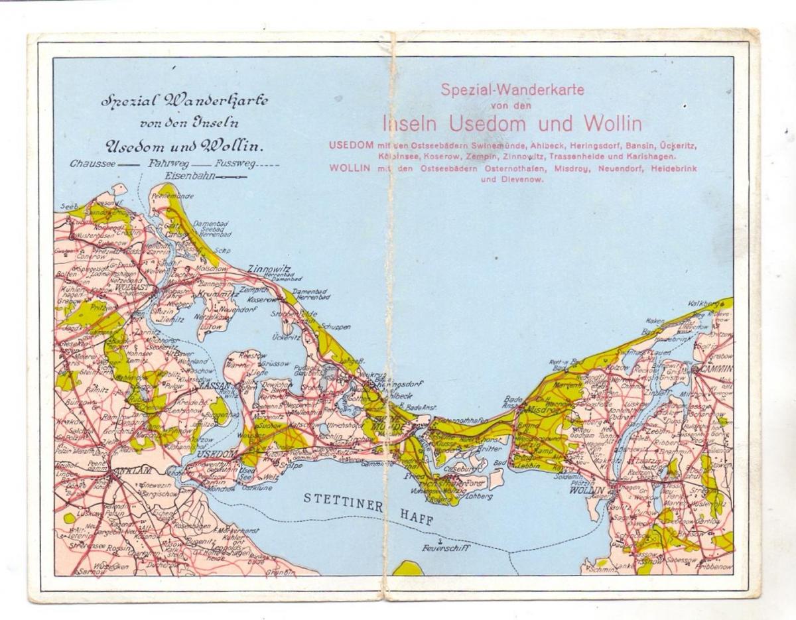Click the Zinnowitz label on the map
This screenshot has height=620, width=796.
pyautogui.click(x=269, y=269)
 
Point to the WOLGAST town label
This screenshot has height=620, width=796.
pyautogui.click(x=134, y=288)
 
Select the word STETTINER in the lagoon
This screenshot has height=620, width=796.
pyautogui.click(x=343, y=500)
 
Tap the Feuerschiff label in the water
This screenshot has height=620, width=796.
pyautogui.click(x=445, y=548)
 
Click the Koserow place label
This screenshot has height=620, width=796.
pyautogui.click(x=261, y=300)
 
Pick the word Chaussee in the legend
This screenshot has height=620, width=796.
pyautogui.click(x=92, y=163)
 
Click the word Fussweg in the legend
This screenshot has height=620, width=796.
pyautogui.click(x=233, y=163)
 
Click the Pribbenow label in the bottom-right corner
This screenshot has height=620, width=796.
pyautogui.click(x=714, y=569)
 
